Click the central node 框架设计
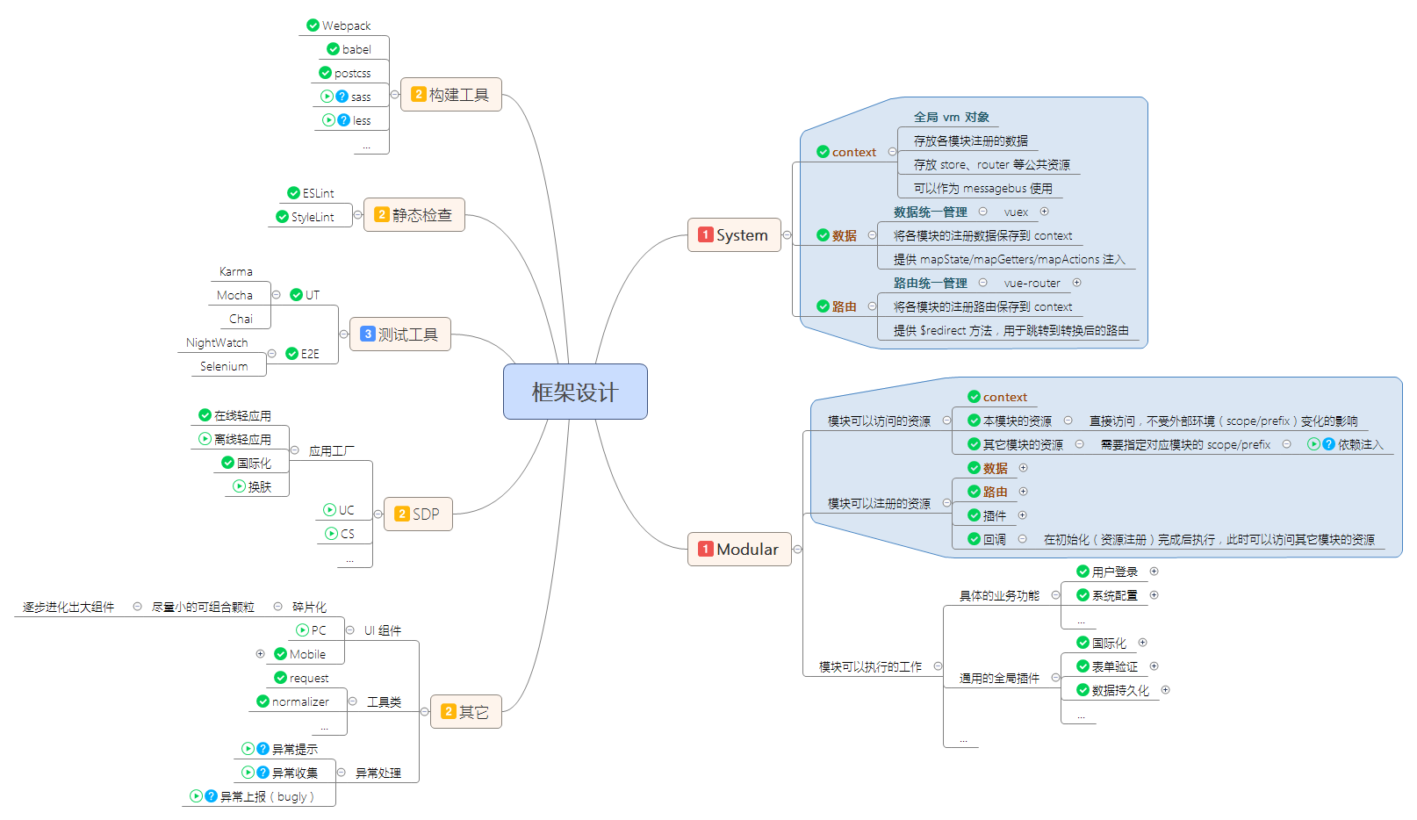(x=575, y=392)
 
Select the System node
(x=734, y=234)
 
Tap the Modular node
(x=739, y=549)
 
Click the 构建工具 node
(x=450, y=94)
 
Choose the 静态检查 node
(x=414, y=214)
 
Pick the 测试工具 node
(x=400, y=334)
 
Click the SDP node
(x=418, y=514)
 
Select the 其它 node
(x=465, y=711)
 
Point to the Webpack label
(x=346, y=25)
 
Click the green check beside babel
(x=334, y=49)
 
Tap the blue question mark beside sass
(x=342, y=97)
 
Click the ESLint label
(x=318, y=193)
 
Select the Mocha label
(x=234, y=295)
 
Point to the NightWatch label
(x=217, y=342)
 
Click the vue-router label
(x=1032, y=283)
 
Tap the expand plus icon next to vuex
(x=1045, y=212)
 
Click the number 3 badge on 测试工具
(x=368, y=334)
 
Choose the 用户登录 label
(x=1114, y=572)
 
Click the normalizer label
(x=300, y=701)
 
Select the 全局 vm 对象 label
(x=951, y=117)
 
